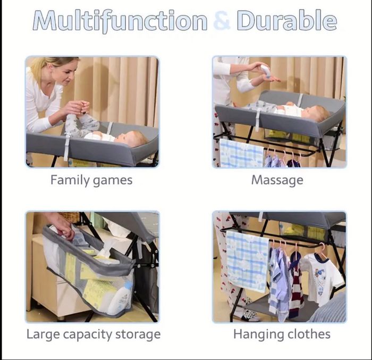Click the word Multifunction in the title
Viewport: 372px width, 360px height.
[120, 21]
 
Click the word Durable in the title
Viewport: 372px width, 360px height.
[286, 20]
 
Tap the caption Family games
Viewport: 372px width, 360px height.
[91, 180]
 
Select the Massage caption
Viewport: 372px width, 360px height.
[277, 180]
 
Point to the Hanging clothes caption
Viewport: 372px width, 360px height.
[282, 334]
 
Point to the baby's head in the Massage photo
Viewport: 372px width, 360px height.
[318, 113]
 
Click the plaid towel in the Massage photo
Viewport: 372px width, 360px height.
[241, 154]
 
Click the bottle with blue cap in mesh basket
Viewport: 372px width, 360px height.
[122, 298]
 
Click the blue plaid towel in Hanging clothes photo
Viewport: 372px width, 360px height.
[248, 261]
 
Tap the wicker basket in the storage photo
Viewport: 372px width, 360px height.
[70, 216]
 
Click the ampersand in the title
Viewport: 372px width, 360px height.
[222, 20]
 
